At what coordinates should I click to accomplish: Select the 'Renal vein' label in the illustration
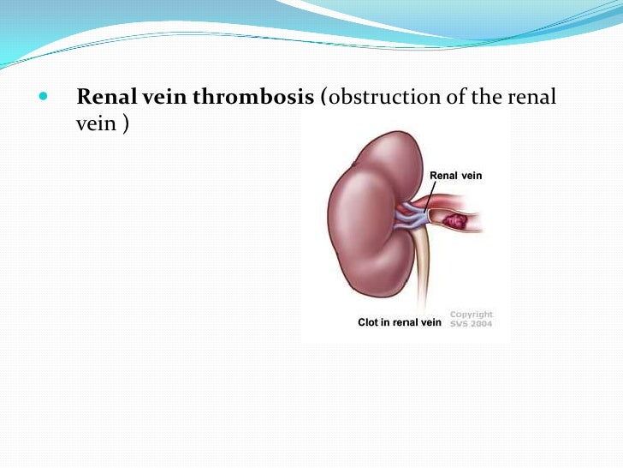coord(455,176)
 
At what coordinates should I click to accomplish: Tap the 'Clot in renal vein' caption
coord(399,322)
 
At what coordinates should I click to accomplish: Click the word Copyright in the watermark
coord(472,315)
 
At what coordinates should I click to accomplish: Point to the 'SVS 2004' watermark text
coord(472,324)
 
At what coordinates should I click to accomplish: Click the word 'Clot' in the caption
coord(368,322)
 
